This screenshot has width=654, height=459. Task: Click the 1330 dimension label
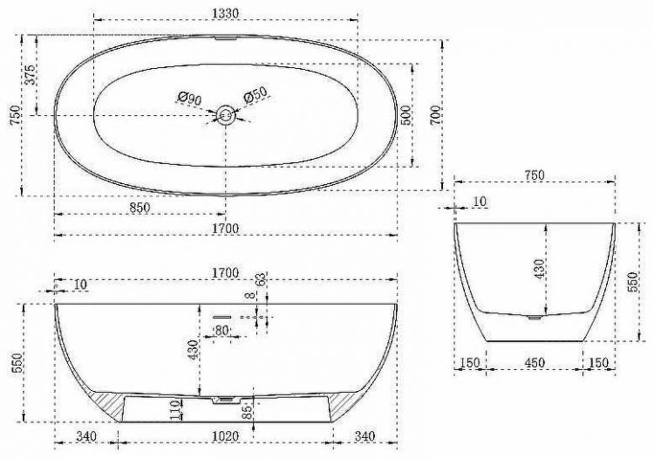point(225,10)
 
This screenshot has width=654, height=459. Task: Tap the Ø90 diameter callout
point(189,98)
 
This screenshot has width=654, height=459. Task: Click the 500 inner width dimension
point(405,116)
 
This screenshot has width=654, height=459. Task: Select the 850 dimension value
point(140,208)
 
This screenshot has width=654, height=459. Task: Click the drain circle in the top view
point(226,114)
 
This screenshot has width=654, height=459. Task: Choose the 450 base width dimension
point(535,362)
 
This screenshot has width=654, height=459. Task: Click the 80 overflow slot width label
point(221,330)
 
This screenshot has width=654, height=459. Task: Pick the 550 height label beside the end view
point(634,280)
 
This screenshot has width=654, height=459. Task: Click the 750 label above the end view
point(534,175)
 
